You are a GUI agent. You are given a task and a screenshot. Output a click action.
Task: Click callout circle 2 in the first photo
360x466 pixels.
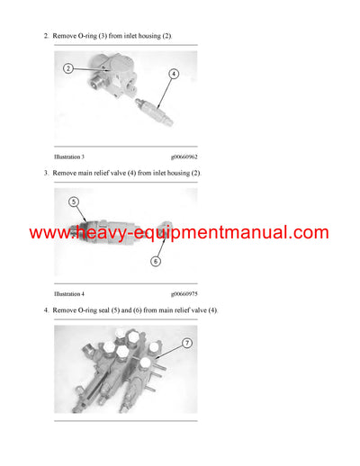point(68,68)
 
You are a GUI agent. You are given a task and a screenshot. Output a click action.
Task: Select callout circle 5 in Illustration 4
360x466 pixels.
point(74,202)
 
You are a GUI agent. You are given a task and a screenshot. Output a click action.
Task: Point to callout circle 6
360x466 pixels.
point(155,262)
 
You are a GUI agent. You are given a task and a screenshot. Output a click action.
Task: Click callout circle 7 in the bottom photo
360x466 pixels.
point(185,343)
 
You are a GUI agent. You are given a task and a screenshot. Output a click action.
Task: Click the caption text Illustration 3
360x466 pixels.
point(69,157)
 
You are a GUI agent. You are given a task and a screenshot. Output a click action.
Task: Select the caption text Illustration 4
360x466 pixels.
point(69,293)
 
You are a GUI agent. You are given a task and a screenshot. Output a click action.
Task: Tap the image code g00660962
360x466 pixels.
point(184,157)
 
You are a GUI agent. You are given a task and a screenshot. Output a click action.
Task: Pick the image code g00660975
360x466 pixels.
point(184,293)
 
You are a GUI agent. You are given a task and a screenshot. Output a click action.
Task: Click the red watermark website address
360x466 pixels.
point(179,233)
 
